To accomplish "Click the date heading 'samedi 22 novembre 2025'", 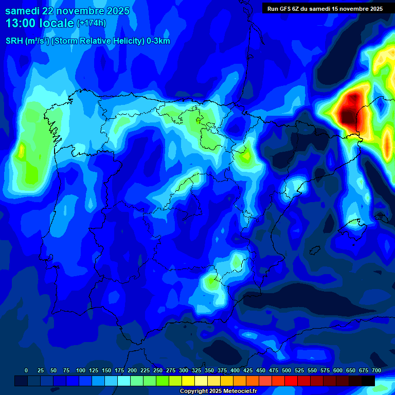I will (67, 11).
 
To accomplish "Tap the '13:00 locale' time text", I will (40, 23).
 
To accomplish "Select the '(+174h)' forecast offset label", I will (91, 23).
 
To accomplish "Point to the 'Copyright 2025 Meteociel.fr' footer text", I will (219, 391).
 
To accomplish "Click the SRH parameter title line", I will (88, 41).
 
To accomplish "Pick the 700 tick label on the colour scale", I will (376, 371).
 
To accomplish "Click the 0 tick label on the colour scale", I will (26, 371).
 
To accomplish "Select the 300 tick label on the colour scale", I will (184, 371).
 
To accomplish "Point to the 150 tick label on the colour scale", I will (106, 371).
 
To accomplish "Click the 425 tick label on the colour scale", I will (248, 371).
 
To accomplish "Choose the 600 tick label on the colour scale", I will (338, 371).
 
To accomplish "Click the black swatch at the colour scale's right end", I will (368, 381).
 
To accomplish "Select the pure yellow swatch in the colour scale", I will (188, 381).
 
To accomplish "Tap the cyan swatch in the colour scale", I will (124, 381).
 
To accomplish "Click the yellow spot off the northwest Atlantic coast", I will (22, 151).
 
